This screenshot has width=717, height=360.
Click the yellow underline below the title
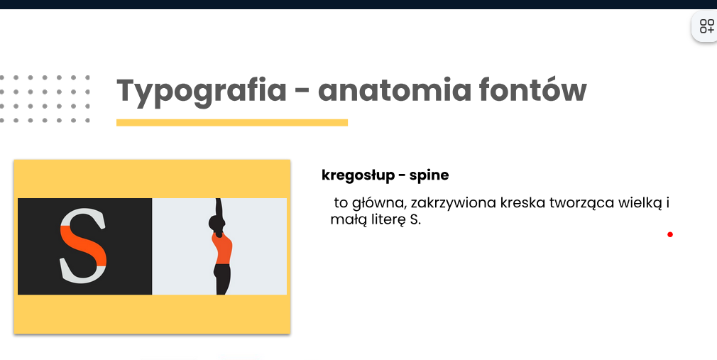(x=232, y=123)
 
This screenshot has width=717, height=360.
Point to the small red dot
(x=670, y=234)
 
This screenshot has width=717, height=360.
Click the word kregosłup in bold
(x=358, y=175)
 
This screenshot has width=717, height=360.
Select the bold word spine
(x=429, y=175)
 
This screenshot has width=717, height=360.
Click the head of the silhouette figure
(x=217, y=224)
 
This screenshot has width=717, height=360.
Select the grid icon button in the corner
(x=706, y=26)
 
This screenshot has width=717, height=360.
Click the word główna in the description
(x=379, y=203)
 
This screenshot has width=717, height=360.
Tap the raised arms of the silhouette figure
(x=219, y=207)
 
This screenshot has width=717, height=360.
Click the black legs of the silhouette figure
(x=222, y=279)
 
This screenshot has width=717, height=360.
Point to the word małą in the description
(x=345, y=220)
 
